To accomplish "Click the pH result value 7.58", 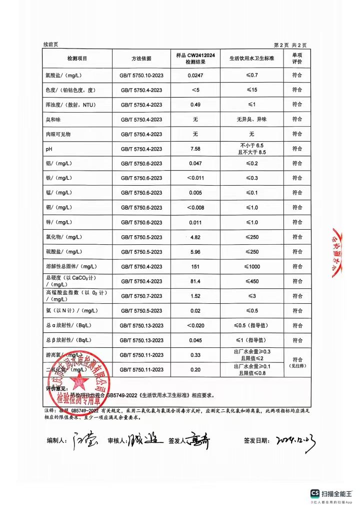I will coord(195,149).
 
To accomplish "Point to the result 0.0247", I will coord(195,76).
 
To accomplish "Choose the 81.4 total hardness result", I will coord(195,281).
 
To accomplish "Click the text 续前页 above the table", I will coord(51,45).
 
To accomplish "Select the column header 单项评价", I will coord(297,58).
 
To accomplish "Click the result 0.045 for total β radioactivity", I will coord(195,340).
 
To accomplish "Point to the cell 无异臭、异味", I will coord(251,120).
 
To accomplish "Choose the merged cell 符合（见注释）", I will coord(297,362).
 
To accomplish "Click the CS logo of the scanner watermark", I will coord(315,493).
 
